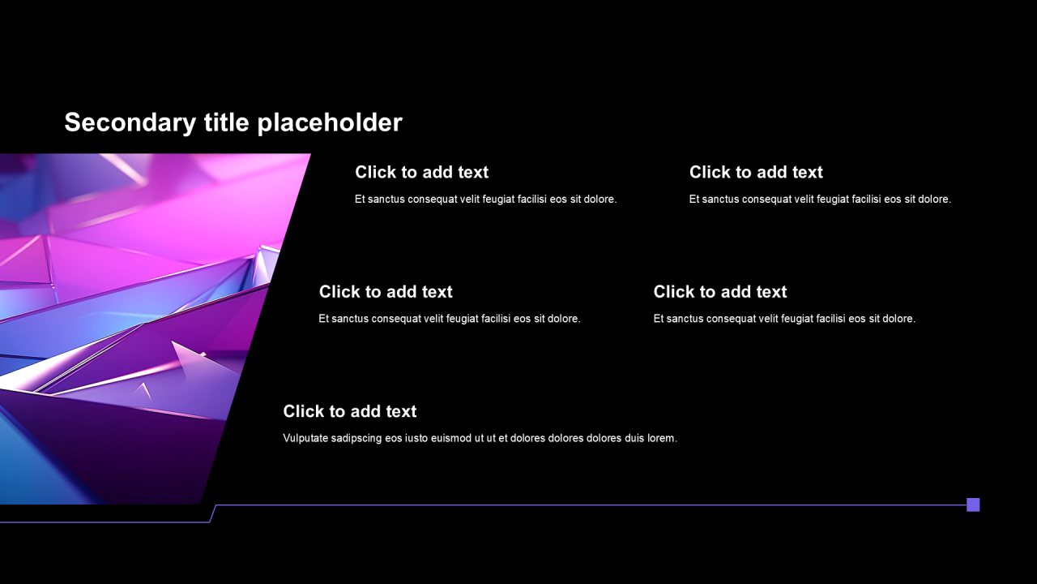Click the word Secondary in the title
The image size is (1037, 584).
tap(130, 122)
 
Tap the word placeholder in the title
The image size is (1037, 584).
tap(330, 122)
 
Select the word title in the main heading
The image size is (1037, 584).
tap(227, 122)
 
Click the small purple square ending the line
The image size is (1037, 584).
tap(973, 505)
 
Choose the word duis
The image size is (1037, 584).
tap(634, 438)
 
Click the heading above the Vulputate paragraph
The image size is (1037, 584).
tap(349, 411)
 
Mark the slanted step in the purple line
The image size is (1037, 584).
tap(213, 513)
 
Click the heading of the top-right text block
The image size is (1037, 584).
tap(756, 172)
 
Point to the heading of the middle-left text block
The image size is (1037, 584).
tap(386, 291)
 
